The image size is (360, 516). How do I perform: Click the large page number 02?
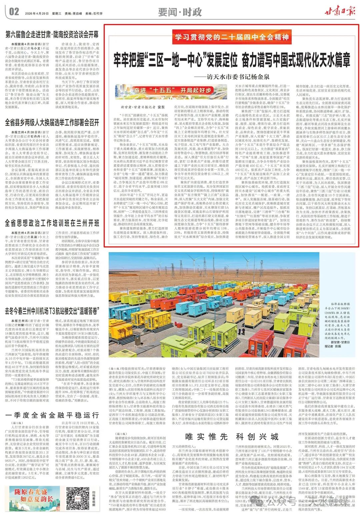pos(14,12)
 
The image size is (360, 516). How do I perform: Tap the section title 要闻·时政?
pos(180,12)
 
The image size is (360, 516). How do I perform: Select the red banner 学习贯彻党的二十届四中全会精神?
pos(231,37)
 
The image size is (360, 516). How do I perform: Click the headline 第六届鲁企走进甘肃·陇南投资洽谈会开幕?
pos(52,34)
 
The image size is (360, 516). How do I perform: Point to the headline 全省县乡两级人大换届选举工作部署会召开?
pos(52,122)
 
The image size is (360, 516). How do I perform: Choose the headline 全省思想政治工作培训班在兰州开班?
pos(52,223)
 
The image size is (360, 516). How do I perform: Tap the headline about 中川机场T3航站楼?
pos(52,311)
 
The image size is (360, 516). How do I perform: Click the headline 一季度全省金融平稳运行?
pos(52,415)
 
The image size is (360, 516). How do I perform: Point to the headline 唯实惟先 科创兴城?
pos(231,436)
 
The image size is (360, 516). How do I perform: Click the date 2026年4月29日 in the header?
pos(37,14)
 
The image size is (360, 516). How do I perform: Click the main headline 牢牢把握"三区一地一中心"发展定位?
pos(231,59)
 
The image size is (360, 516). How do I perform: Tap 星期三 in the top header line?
pos(56,14)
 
